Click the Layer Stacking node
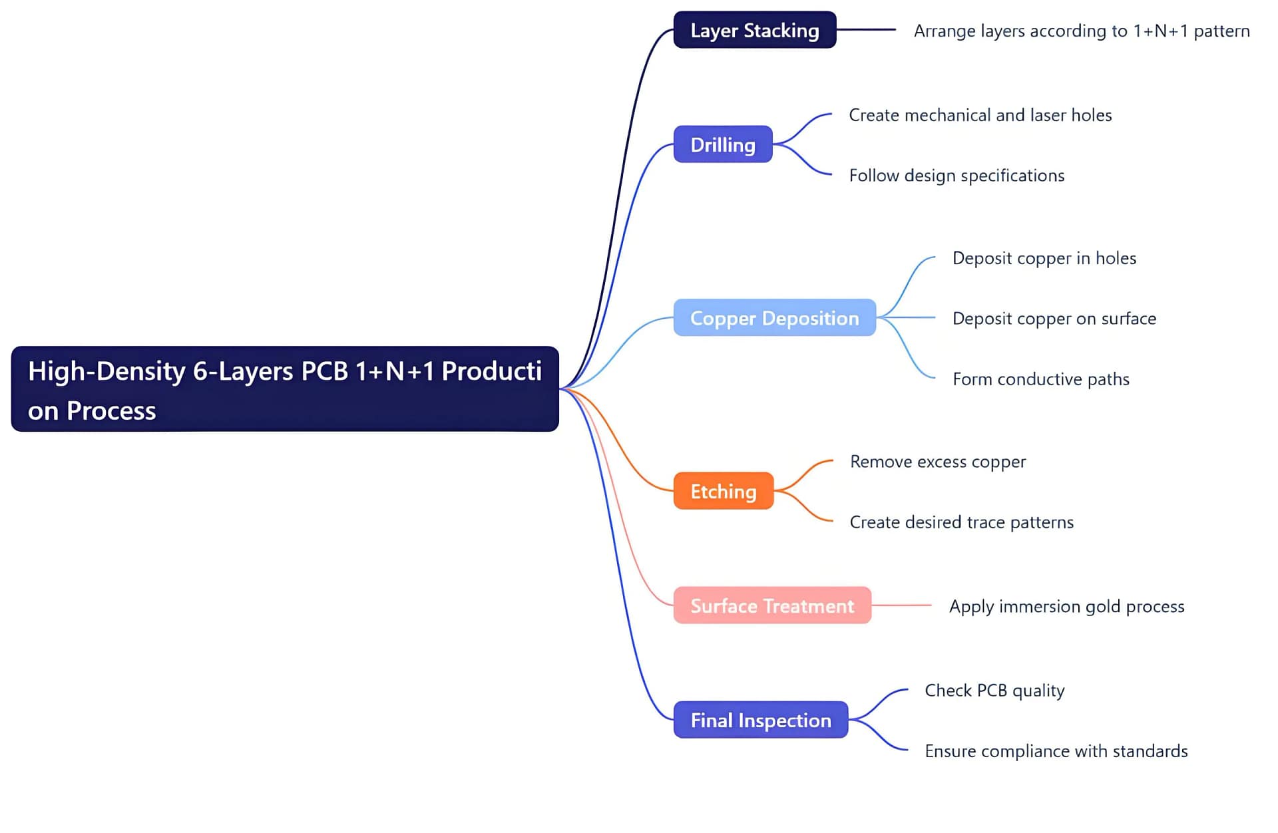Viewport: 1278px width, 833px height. click(754, 30)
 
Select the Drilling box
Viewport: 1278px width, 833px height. click(723, 144)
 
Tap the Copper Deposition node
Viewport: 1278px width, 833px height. click(774, 318)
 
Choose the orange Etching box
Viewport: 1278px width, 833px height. click(723, 491)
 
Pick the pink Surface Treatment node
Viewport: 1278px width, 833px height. click(772, 605)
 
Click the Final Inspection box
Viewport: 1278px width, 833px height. click(760, 720)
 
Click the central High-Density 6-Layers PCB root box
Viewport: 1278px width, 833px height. click(285, 389)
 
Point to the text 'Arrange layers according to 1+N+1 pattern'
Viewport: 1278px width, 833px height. click(1081, 31)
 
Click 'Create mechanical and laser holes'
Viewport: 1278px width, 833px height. click(980, 115)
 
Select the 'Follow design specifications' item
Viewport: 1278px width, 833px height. click(957, 176)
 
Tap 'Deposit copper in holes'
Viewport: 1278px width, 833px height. click(1044, 258)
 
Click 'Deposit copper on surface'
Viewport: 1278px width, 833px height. click(1054, 319)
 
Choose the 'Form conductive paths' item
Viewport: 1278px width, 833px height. click(1040, 379)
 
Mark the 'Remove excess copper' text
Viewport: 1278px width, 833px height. click(937, 462)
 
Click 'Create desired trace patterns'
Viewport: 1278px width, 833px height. click(961, 522)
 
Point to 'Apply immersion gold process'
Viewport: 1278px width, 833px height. click(1066, 607)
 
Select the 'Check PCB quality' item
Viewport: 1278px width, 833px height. click(994, 691)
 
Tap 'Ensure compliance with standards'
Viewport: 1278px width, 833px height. click(1056, 751)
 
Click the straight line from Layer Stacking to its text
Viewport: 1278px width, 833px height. click(866, 30)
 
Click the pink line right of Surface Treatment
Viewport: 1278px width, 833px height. click(901, 605)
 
